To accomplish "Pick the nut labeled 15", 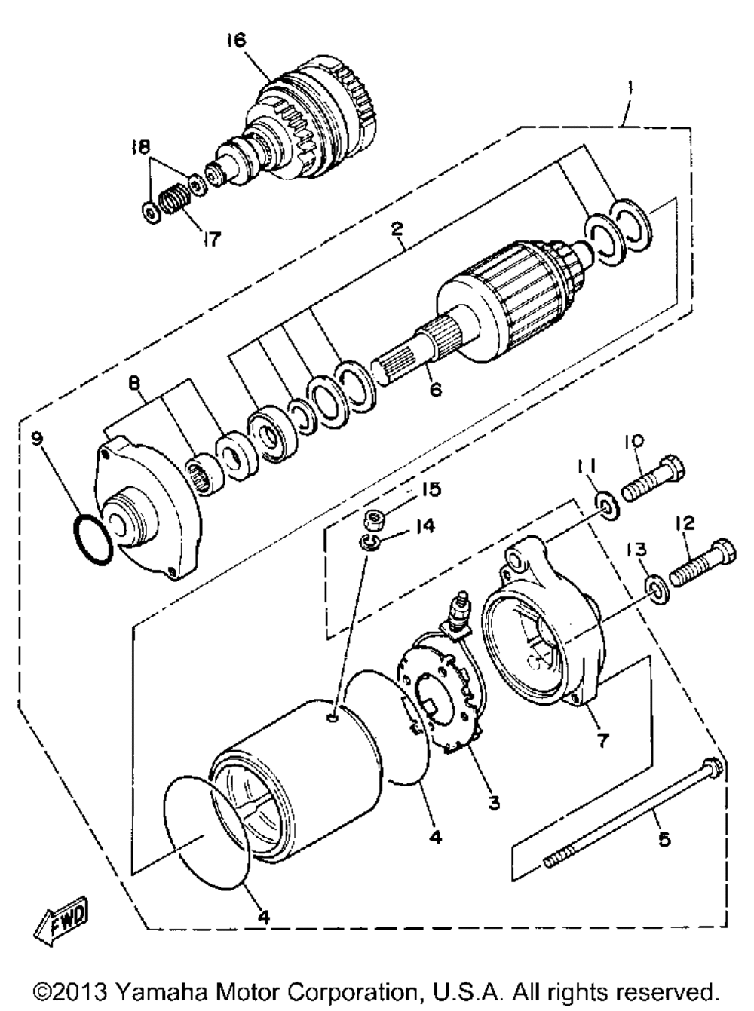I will (372, 517).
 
